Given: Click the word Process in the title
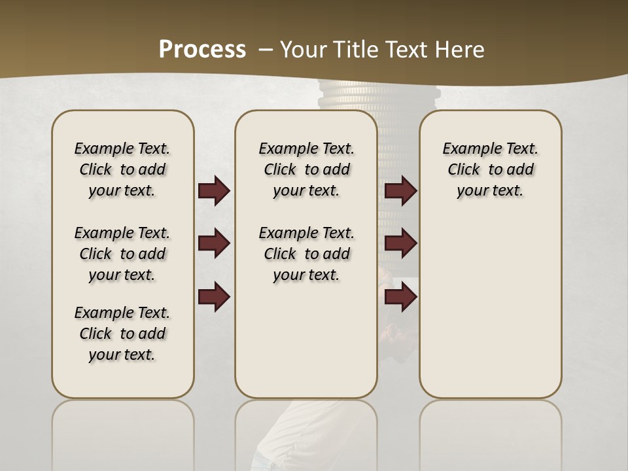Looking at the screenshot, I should coord(202,49).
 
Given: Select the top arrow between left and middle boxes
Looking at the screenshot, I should coord(214,191).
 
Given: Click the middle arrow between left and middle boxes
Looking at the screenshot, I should coord(214,244).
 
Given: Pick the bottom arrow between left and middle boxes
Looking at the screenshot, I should coord(214,296).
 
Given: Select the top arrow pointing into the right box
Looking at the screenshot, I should coord(400,191).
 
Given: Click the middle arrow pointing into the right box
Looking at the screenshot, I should coord(400,244).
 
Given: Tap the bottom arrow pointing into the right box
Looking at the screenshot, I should coord(400,296).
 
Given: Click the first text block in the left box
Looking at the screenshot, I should coord(122,169).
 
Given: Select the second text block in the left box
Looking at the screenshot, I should coord(122,254).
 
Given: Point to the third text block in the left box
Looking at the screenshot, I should coord(122,334).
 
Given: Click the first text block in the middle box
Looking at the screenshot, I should coord(306,169).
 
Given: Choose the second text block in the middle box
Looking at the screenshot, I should coord(306,254).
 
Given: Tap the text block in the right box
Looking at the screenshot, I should coord(490,169).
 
